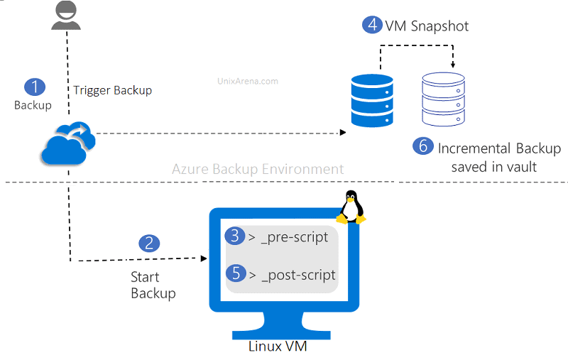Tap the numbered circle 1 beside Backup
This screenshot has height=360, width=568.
point(34,87)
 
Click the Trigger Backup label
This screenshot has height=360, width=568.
point(112,91)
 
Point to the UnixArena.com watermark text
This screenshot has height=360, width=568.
point(248,81)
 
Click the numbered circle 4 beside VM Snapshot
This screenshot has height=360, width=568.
point(372,25)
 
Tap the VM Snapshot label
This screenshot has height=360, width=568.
point(427,26)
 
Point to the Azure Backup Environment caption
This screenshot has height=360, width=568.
point(258,169)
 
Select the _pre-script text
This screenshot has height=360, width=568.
point(294,236)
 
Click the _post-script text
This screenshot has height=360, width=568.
point(297,274)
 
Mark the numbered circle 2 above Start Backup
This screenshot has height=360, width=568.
point(148,243)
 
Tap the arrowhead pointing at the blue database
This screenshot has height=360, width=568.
point(343,133)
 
